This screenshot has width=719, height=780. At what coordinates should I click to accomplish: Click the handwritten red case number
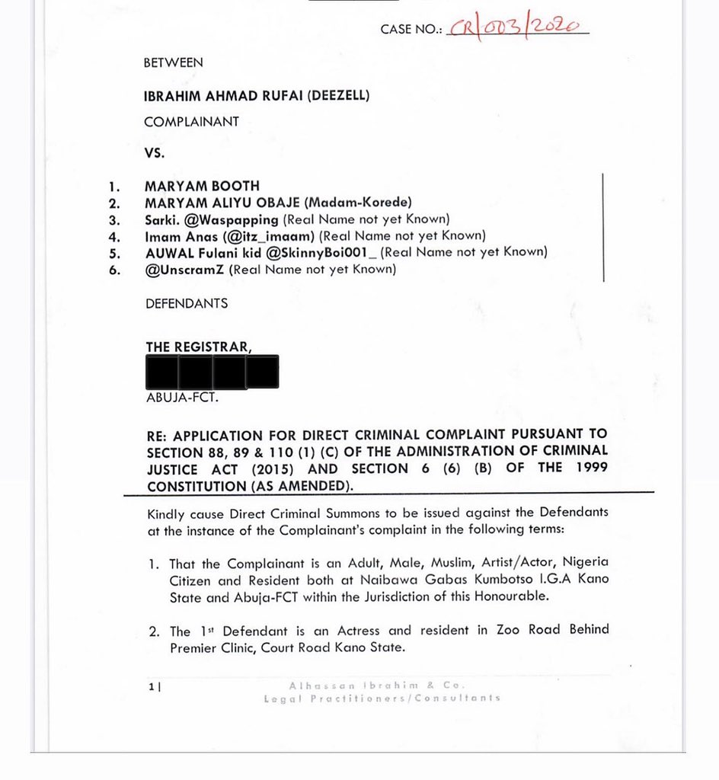point(518,27)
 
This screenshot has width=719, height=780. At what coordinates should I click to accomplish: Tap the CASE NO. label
point(411,30)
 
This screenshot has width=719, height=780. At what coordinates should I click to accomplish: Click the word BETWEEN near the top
point(173,63)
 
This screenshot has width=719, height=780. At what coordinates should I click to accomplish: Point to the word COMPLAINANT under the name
point(191,121)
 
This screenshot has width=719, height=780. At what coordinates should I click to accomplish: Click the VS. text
point(155,152)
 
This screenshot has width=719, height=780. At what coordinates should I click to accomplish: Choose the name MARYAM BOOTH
point(202,186)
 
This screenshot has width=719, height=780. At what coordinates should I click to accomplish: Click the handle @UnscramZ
point(184,269)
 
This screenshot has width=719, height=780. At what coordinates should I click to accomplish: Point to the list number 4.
point(115,236)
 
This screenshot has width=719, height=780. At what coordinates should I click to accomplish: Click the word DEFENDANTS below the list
point(186,303)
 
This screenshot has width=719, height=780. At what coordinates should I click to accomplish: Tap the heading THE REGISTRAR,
point(198,347)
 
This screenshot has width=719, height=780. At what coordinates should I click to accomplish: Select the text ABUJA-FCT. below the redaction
point(176,398)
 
